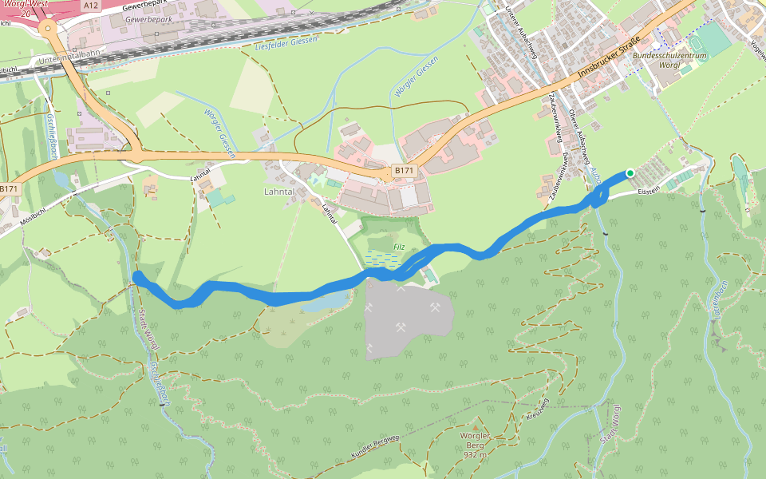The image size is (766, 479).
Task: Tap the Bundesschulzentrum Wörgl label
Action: point(668,61)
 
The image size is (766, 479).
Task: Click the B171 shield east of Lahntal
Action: point(404,171)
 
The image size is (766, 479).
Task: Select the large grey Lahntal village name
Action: point(279,192)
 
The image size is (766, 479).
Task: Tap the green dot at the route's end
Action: point(630,172)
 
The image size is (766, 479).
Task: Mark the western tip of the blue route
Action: point(138,276)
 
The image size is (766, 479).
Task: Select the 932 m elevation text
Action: point(475,454)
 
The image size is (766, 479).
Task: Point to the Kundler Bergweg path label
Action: point(374,449)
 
